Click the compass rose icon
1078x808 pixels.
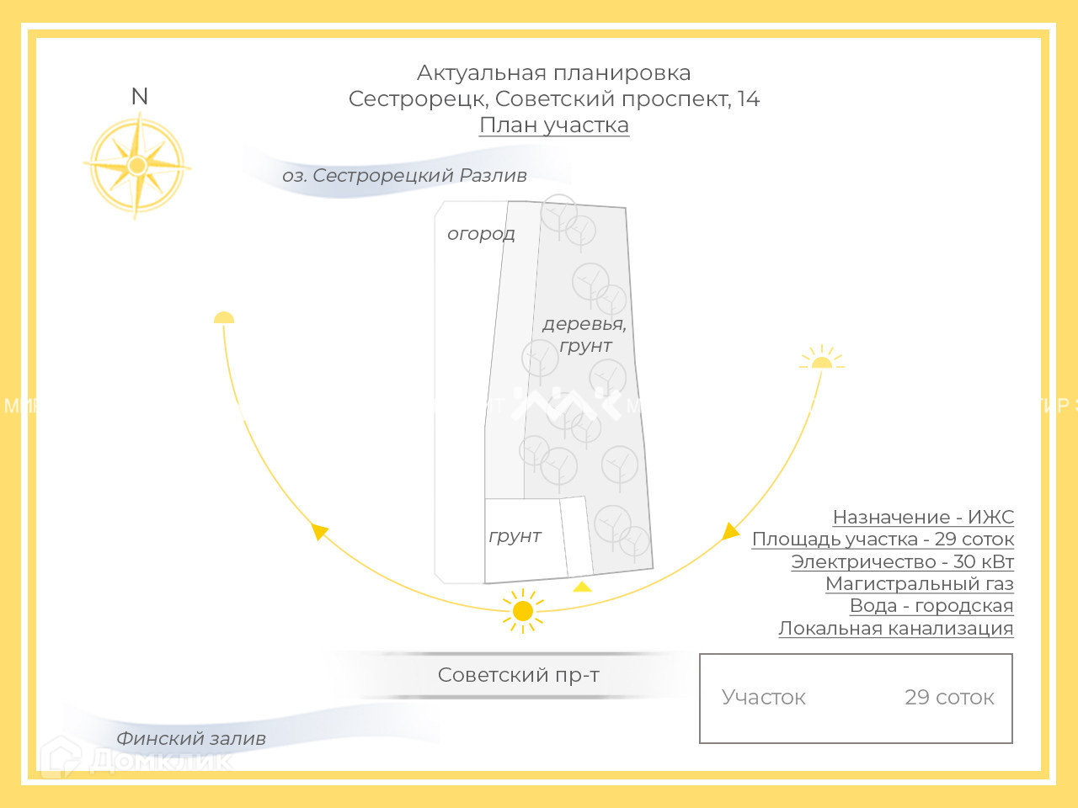tap(137, 166)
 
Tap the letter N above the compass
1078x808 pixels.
tap(140, 97)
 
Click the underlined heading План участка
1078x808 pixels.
tap(554, 125)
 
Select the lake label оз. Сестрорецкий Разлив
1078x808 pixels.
tap(404, 176)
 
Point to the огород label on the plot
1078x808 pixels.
tap(481, 234)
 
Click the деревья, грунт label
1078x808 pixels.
tap(584, 334)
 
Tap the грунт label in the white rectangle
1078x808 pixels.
tap(515, 536)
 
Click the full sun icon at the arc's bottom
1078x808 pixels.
tap(523, 611)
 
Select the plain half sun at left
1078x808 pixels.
tap(224, 318)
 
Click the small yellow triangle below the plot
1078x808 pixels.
tap(582, 587)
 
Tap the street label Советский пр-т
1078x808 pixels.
tap(519, 675)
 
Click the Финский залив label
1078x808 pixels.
tap(191, 739)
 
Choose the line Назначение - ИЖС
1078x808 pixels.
tap(923, 518)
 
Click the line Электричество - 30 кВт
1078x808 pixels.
tap(902, 562)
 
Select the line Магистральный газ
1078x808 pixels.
tap(919, 584)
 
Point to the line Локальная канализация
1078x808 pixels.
tap(895, 629)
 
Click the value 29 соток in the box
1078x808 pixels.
tap(949, 698)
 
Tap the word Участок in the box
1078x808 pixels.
tap(764, 698)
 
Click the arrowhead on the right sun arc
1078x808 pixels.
tap(729, 532)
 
